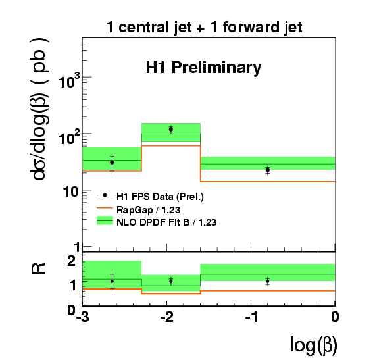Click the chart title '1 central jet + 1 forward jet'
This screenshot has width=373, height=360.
204,28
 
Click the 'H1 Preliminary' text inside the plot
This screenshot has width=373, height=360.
204,68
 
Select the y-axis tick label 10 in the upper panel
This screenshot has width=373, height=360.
70,192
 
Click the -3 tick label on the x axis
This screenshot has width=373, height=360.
82,317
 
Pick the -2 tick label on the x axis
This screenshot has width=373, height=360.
166,317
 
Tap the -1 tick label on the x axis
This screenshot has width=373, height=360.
251,317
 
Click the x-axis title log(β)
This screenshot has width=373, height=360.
314,346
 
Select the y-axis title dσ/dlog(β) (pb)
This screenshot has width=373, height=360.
39,109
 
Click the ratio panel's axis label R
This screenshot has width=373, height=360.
38,269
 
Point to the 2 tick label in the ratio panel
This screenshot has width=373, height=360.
71,261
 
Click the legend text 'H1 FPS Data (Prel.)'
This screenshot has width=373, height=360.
160,197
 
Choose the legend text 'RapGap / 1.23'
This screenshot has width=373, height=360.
148,210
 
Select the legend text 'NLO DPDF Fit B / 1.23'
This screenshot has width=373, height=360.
166,222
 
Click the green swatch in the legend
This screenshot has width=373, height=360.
105,220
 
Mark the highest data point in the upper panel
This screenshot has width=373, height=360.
171,130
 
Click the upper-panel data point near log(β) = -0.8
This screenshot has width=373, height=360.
268,170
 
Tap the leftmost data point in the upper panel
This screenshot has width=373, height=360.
112,163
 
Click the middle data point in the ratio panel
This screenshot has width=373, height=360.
171,281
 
